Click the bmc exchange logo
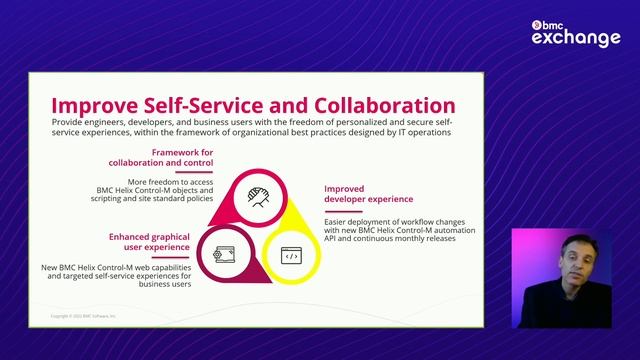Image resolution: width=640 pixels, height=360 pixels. tap(575, 30)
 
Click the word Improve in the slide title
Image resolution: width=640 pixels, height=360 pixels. tap(96, 105)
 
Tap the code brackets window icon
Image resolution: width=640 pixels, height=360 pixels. tap(291, 256)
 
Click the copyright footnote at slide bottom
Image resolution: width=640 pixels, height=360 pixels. tap(84, 315)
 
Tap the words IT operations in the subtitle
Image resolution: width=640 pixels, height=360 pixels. tap(426, 131)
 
